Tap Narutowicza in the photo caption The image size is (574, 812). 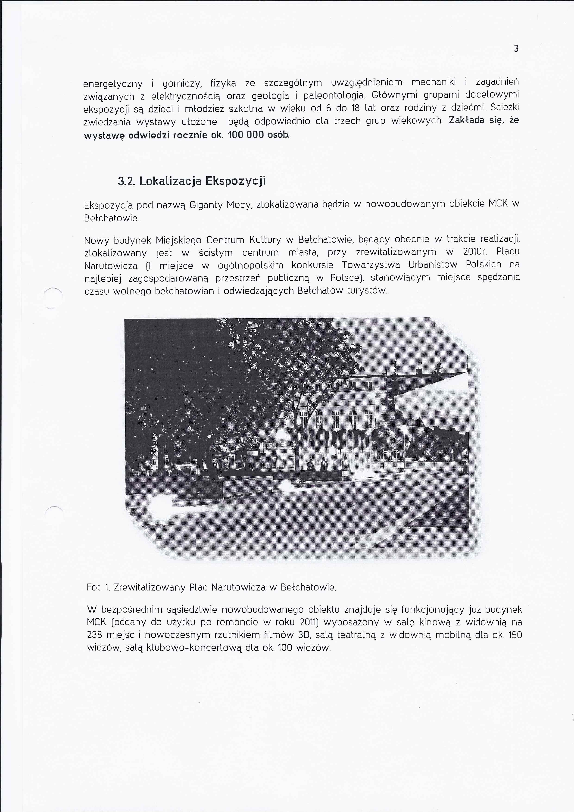click(x=238, y=587)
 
